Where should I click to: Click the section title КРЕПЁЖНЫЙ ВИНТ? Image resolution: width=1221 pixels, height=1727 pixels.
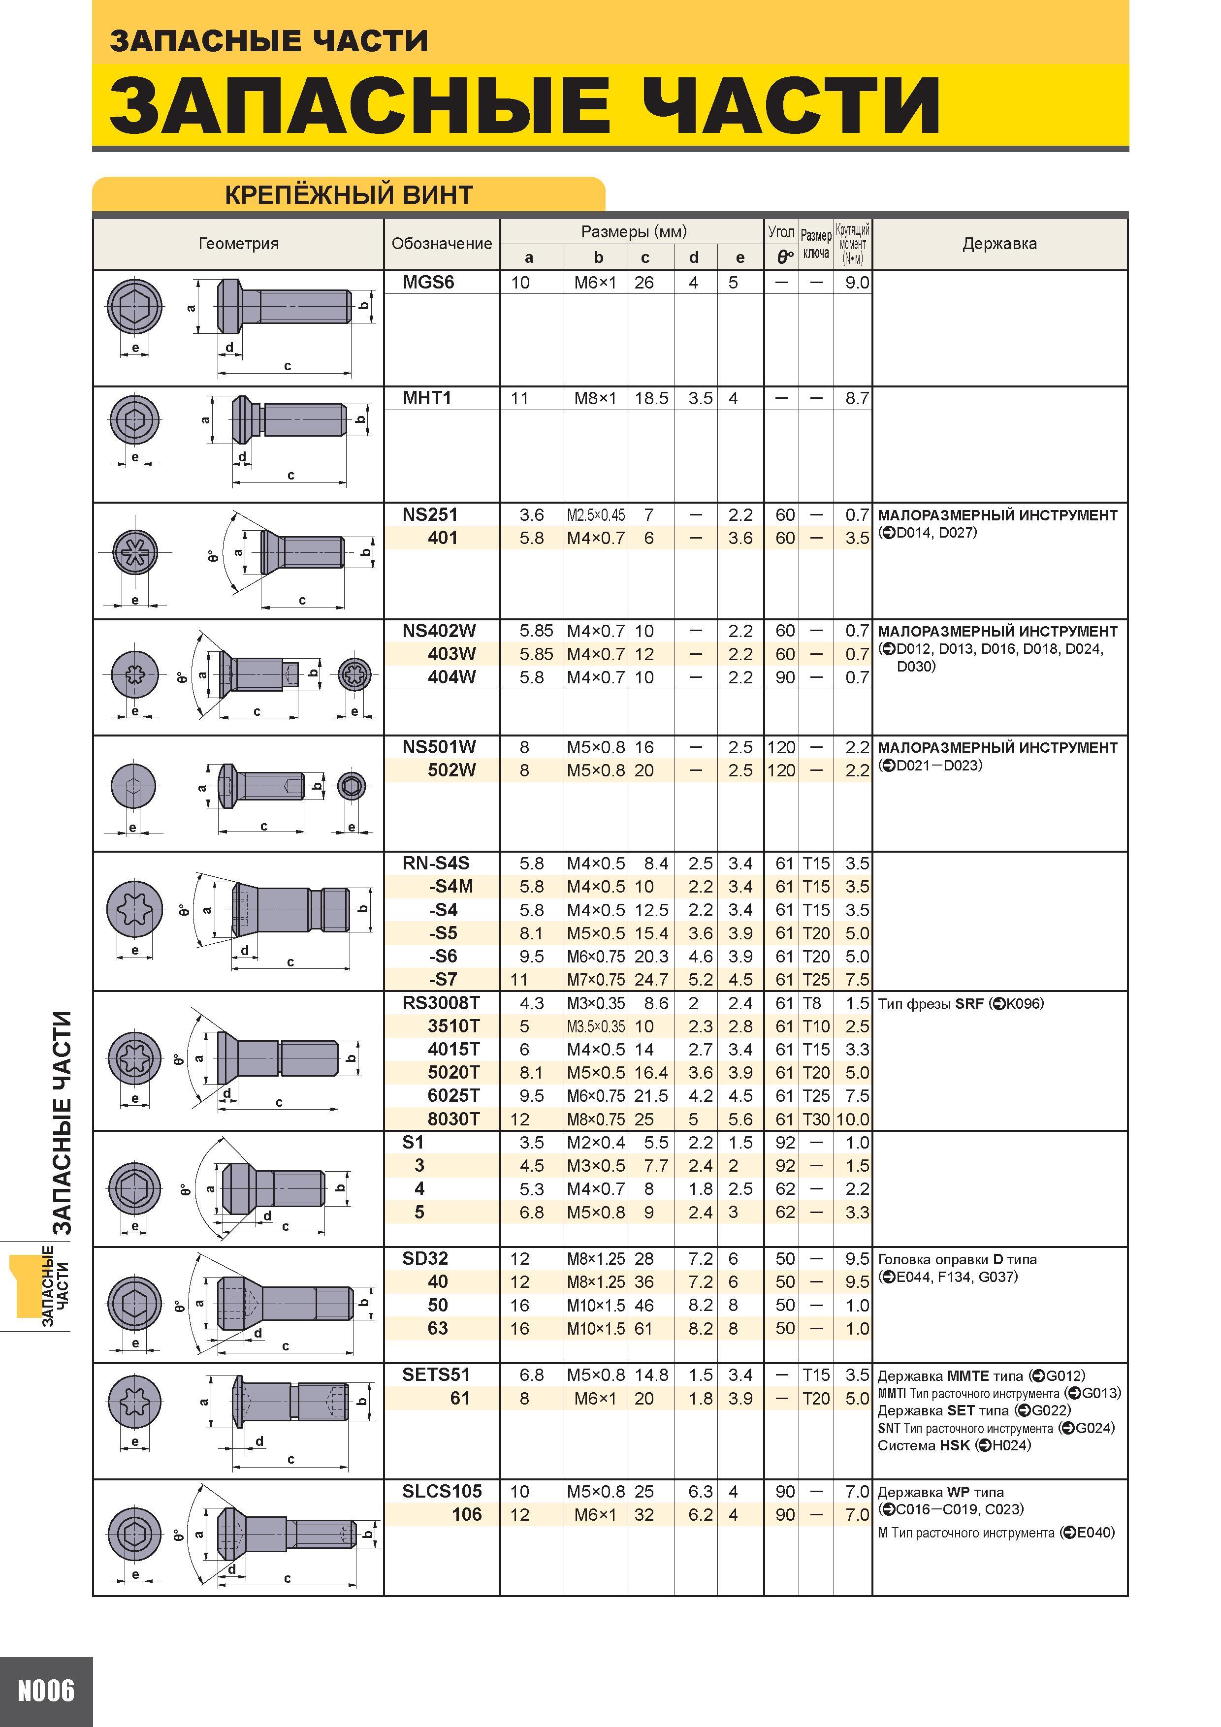348,195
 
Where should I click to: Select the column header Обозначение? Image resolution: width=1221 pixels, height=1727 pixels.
442,244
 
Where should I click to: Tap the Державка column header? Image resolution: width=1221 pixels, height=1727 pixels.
999,244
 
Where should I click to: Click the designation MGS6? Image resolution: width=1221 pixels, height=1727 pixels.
429,283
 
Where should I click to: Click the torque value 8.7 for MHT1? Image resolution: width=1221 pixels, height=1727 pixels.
857,399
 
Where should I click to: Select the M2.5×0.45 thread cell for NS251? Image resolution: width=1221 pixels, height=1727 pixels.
596,515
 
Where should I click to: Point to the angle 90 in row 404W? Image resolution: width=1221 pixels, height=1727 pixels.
785,678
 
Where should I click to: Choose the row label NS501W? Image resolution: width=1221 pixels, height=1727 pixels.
439,748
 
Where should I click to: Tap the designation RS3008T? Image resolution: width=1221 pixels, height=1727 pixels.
441,1003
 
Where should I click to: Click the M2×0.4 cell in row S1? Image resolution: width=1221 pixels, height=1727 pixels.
596,1143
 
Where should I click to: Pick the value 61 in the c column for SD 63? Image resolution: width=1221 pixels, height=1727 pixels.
643,1329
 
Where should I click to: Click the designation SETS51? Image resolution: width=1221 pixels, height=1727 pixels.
436,1375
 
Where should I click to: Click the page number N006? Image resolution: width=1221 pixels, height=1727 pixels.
46,1692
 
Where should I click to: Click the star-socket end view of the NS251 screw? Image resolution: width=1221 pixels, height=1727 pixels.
135,553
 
